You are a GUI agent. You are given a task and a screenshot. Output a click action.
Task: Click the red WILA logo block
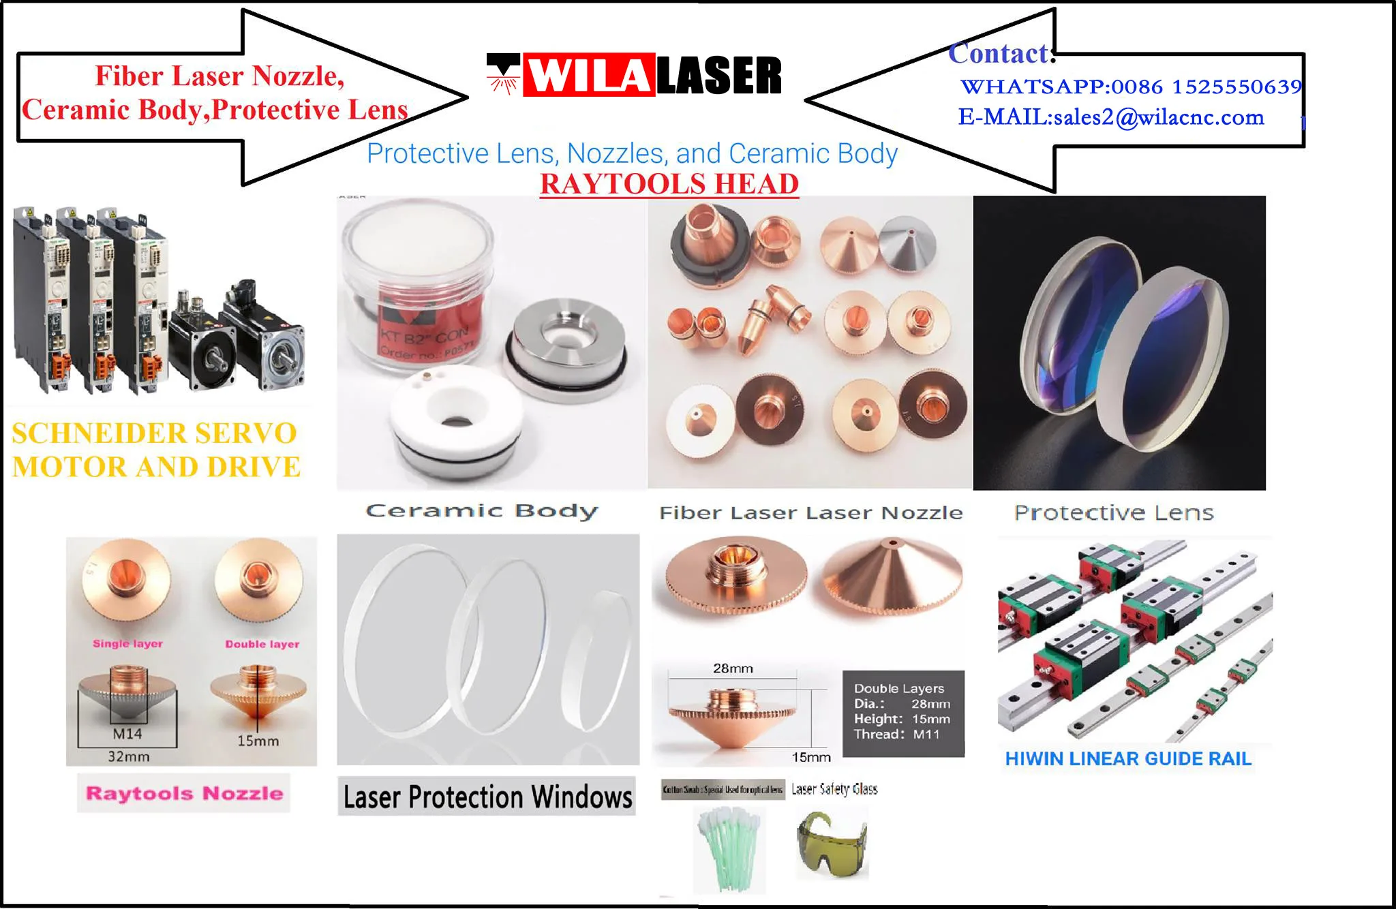tap(588, 76)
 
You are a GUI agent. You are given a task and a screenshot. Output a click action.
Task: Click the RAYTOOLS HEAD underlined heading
tap(669, 184)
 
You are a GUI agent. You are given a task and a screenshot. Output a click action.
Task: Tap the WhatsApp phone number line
tap(1130, 87)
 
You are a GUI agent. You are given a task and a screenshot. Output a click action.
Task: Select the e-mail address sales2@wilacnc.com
tap(1111, 117)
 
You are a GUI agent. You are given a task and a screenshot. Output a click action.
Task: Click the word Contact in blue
tap(1001, 54)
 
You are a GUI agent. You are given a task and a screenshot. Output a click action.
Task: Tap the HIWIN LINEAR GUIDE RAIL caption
tap(1128, 759)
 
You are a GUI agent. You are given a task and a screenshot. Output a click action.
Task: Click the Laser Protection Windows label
tap(487, 797)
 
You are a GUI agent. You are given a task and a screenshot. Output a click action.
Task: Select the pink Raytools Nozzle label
tap(184, 793)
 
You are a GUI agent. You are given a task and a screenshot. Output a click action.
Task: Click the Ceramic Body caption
tap(482, 511)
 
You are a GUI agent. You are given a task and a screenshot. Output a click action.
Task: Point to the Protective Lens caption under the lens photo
tap(1114, 512)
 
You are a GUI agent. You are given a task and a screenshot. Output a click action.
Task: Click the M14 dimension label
tap(127, 734)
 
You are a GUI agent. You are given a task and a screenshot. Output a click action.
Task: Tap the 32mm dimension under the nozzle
tap(128, 756)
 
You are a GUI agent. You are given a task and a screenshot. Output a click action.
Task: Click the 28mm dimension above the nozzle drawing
tap(733, 668)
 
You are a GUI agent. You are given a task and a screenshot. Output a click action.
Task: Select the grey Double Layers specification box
tap(903, 713)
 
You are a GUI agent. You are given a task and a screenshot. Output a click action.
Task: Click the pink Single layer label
tap(127, 643)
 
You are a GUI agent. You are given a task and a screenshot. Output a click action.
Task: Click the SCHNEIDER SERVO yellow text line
tap(155, 433)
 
